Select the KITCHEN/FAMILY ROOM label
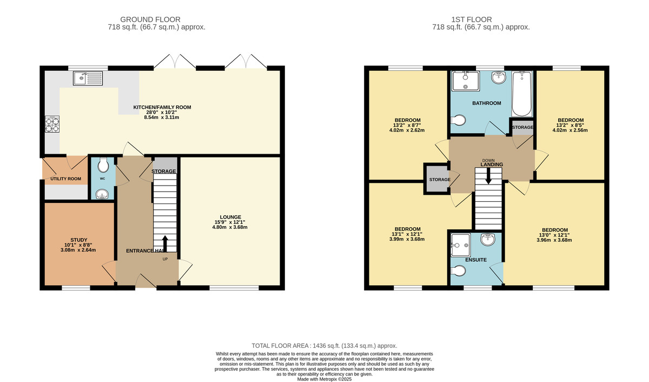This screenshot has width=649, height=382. [x=162, y=107]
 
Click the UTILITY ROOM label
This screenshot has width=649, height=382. [x=66, y=179]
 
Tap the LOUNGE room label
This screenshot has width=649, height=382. [x=230, y=216]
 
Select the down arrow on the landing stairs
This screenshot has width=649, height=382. [x=488, y=176]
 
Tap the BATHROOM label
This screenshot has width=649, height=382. [x=486, y=103]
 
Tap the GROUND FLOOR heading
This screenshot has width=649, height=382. [x=157, y=19]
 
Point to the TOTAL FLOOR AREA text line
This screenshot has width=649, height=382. [x=325, y=346]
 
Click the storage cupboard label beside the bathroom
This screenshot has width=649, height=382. [x=522, y=127]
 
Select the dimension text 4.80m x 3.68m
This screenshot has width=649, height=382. [x=230, y=227]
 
